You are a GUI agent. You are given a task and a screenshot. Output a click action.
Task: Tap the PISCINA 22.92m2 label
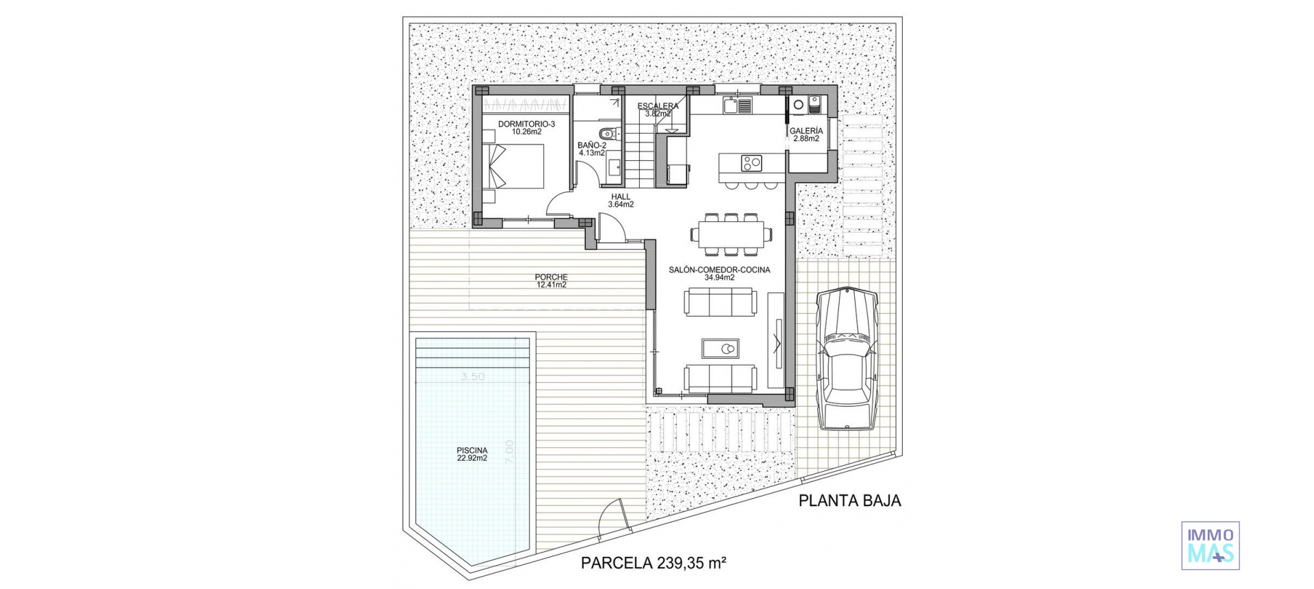coord(472,455)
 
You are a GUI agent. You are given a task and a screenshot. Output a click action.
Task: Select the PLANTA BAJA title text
coord(849,501)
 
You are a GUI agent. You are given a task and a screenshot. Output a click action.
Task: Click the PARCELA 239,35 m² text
coord(653,564)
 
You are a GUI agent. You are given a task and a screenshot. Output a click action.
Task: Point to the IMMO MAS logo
coord(1210,545)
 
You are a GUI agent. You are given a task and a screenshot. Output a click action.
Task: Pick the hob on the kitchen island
coord(751,162)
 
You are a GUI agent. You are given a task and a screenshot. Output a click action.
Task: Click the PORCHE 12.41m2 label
coord(551,281)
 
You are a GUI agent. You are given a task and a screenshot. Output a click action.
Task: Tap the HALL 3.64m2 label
coord(621,200)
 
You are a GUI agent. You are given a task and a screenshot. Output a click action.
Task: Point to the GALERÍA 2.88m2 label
coord(806,134)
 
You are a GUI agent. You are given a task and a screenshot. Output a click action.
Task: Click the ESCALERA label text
coord(658,106)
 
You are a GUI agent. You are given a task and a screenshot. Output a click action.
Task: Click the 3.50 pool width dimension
coord(472,377)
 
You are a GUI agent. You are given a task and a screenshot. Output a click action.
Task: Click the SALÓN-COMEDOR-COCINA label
coord(719,273)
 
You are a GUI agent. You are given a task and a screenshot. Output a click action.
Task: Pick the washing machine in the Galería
coord(798,104)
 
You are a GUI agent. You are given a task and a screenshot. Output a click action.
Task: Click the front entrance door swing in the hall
coord(610,228)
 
